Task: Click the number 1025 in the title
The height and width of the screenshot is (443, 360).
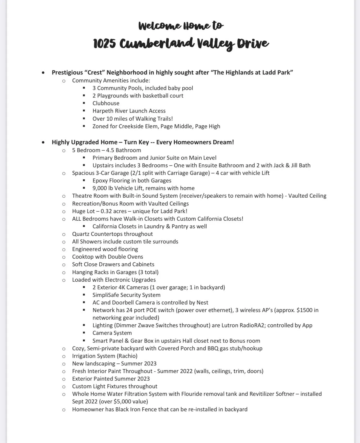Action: pos(104,44)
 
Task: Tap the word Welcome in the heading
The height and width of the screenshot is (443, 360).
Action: pos(159,26)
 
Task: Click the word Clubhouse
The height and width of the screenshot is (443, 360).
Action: pos(106,103)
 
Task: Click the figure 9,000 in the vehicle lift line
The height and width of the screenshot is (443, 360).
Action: pos(100,188)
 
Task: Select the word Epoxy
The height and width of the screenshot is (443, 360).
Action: pos(100,180)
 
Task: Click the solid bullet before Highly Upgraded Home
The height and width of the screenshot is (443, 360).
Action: pos(43,142)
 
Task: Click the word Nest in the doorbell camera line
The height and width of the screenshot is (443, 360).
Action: pos(202,302)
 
